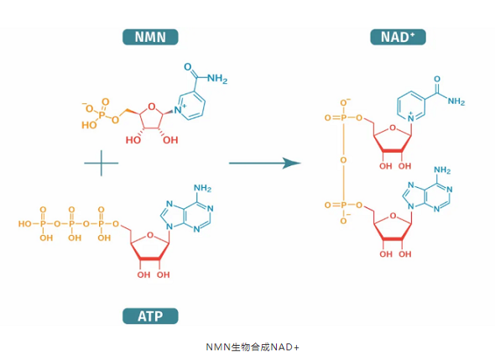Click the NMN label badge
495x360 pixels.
(150, 37)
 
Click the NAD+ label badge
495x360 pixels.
(398, 37)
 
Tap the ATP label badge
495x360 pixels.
(150, 316)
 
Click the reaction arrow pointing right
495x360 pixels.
(264, 163)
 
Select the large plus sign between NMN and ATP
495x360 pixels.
(102, 163)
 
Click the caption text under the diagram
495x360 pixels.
(253, 347)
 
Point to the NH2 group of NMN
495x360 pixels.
(217, 79)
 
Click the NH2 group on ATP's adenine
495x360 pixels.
(202, 188)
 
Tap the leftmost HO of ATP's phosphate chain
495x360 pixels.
(24, 224)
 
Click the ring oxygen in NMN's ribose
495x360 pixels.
(152, 107)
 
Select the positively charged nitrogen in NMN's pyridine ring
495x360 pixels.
(179, 109)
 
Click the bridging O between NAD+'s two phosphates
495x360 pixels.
(343, 160)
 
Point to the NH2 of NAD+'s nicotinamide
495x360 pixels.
(456, 102)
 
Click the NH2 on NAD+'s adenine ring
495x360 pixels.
(442, 170)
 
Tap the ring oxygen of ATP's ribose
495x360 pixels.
(150, 235)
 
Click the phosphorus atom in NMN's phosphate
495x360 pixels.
(102, 114)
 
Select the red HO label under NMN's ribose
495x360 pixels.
(133, 140)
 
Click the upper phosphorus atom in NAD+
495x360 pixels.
(343, 117)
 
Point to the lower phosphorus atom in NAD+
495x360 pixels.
(343, 206)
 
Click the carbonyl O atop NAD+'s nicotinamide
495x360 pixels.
(437, 79)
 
